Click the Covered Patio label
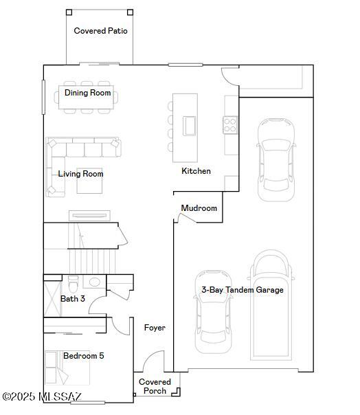[100, 31]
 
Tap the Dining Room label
[87, 93]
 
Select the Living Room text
[80, 174]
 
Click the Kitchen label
[196, 171]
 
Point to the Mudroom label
[199, 208]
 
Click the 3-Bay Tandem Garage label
[242, 290]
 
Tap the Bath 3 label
[73, 299]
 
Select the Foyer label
[155, 328]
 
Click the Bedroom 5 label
[83, 356]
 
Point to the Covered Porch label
[155, 386]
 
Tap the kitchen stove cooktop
[230, 124]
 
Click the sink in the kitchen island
[189, 126]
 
